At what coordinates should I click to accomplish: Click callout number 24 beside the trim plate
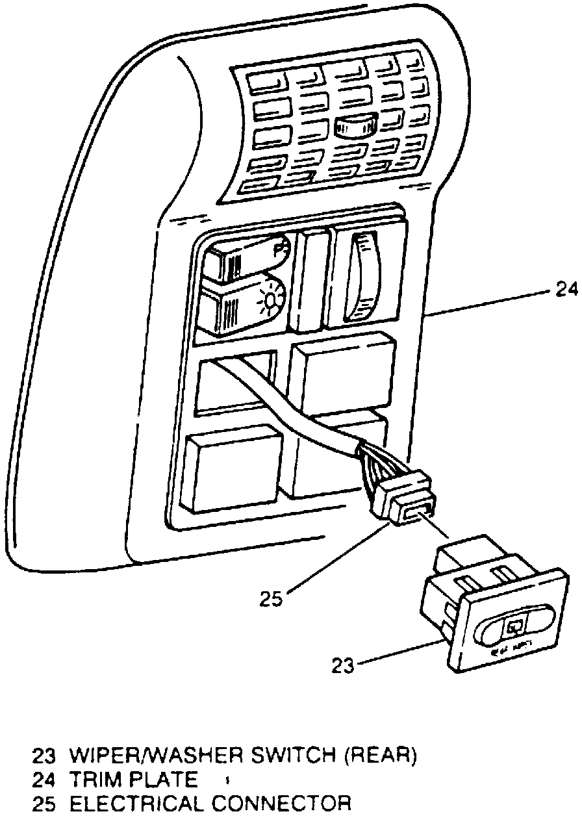pos(565,289)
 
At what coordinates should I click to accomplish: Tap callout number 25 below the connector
pos(272,598)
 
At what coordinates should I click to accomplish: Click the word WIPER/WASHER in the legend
pos(151,756)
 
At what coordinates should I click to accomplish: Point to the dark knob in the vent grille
pos(355,125)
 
